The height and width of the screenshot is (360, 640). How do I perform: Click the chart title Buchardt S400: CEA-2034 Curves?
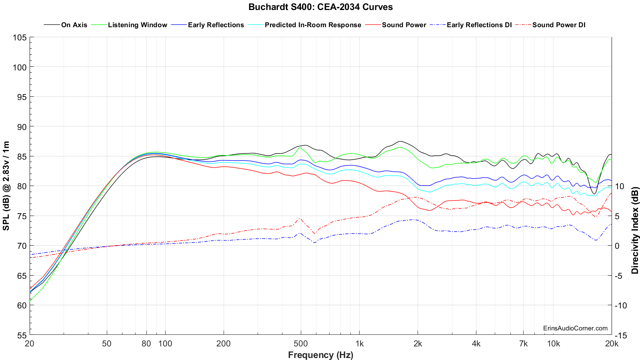click(x=320, y=7)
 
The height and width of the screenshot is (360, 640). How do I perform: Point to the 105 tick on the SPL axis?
click(x=20, y=38)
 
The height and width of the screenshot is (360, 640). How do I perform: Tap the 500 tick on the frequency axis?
click(x=300, y=343)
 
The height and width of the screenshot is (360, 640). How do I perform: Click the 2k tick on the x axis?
click(x=418, y=343)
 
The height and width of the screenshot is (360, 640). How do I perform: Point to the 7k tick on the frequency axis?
click(x=523, y=343)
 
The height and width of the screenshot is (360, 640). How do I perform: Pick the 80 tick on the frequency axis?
click(x=146, y=343)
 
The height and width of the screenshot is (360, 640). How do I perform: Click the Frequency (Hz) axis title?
click(x=320, y=355)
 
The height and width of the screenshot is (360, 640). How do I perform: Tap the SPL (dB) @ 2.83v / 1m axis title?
click(x=6, y=186)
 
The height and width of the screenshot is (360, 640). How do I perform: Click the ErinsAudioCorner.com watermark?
click(x=575, y=328)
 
